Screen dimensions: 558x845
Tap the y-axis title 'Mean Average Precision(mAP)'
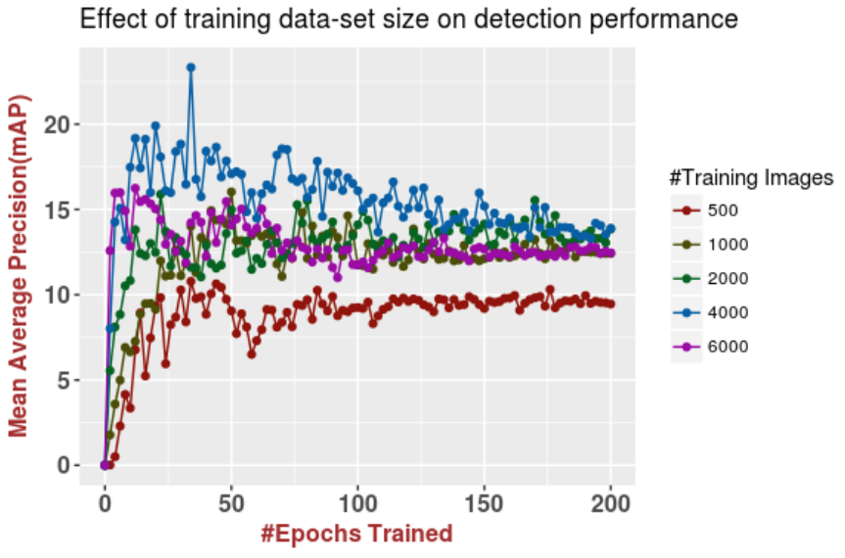20,264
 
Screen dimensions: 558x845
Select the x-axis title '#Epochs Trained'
356,534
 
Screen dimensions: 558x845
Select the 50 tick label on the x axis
231,504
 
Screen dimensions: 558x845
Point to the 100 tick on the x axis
357,504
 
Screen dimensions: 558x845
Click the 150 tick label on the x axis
484,504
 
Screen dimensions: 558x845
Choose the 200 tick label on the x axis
610,504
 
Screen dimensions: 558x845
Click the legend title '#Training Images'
751,177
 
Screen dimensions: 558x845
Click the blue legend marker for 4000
686,312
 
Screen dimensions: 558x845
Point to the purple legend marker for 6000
686,347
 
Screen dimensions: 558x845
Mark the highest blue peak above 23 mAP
191,68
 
